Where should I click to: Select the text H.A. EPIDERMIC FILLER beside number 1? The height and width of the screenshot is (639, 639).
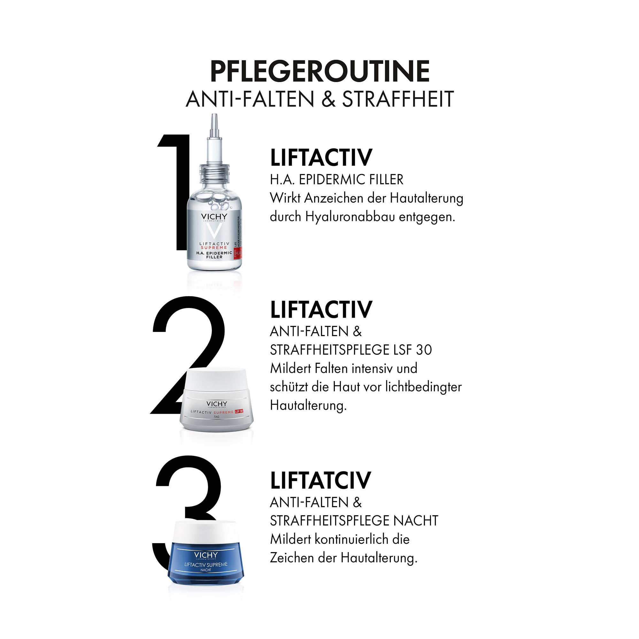click(336, 180)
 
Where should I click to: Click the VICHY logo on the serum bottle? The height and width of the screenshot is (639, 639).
click(214, 217)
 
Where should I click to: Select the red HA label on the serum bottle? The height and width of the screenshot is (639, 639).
click(238, 254)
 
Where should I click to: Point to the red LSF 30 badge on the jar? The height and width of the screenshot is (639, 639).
click(239, 412)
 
